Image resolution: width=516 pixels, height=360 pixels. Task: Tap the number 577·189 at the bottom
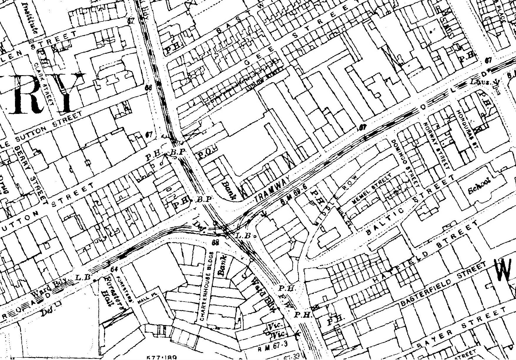click(158, 357)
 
